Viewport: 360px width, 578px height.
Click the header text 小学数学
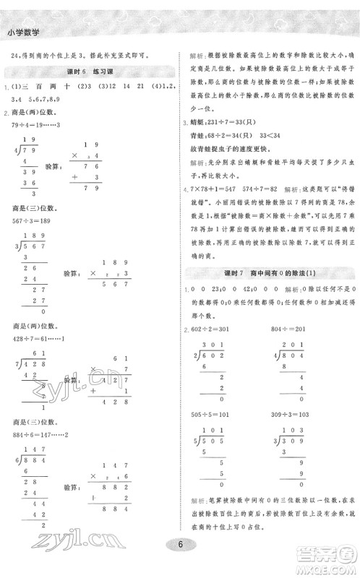pyautogui.click(x=22, y=32)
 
